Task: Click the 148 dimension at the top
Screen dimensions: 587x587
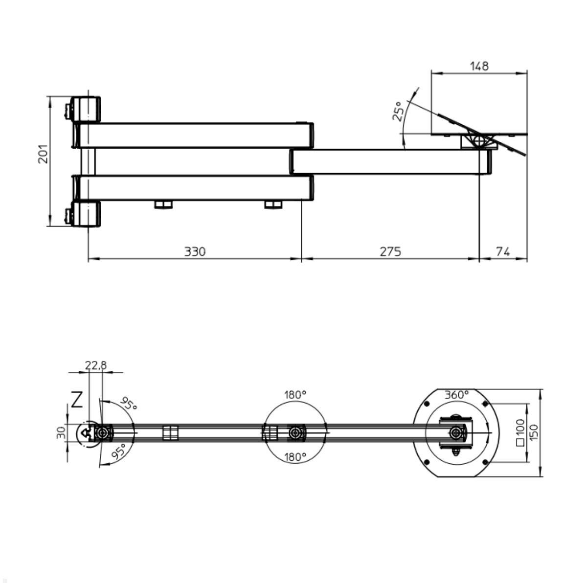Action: pyautogui.click(x=479, y=66)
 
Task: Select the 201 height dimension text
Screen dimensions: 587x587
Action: pyautogui.click(x=44, y=154)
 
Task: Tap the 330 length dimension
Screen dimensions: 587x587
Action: pyautogui.click(x=195, y=251)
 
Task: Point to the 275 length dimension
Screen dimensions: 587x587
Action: pyautogui.click(x=390, y=251)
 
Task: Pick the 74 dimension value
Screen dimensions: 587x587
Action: pyautogui.click(x=503, y=251)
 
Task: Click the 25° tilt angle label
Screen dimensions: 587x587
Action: pyautogui.click(x=398, y=111)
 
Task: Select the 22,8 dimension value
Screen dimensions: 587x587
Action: pyautogui.click(x=95, y=365)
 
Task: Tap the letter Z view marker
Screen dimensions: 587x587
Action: pyautogui.click(x=77, y=400)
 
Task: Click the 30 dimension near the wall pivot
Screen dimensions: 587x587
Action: pyautogui.click(x=61, y=433)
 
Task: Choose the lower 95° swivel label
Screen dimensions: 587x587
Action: pyautogui.click(x=119, y=451)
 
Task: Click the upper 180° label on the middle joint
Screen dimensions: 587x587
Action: pyautogui.click(x=295, y=394)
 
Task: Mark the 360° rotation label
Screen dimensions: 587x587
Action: pyautogui.click(x=456, y=394)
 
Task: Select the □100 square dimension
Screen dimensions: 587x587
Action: pyautogui.click(x=519, y=432)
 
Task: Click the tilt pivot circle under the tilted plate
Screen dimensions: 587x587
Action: pyautogui.click(x=479, y=141)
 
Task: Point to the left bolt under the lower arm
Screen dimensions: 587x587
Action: pyautogui.click(x=164, y=204)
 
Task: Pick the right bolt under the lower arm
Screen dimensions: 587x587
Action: pyautogui.click(x=273, y=204)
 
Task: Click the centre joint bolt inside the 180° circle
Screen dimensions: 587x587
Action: pyautogui.click(x=294, y=433)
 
